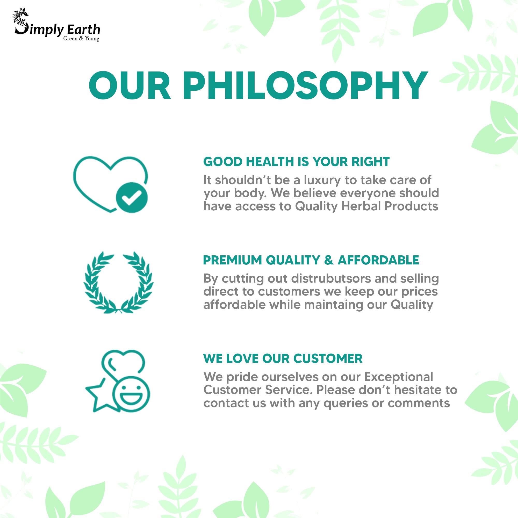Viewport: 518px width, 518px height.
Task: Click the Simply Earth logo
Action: click(57, 25)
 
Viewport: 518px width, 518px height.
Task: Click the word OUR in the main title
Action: click(129, 85)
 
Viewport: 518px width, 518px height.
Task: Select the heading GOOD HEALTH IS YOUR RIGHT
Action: click(296, 162)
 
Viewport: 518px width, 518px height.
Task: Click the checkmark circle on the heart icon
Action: click(132, 198)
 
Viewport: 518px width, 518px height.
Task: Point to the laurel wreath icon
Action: click(119, 282)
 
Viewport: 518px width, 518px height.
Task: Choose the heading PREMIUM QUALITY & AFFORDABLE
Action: click(311, 260)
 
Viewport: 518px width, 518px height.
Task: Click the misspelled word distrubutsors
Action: click(331, 278)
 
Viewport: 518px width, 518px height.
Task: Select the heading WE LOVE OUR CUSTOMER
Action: click(283, 358)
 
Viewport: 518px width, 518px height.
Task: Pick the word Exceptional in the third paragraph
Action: click(398, 377)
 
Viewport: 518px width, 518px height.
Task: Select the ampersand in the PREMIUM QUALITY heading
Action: click(329, 260)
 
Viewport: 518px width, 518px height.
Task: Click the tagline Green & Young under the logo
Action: click(81, 39)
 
